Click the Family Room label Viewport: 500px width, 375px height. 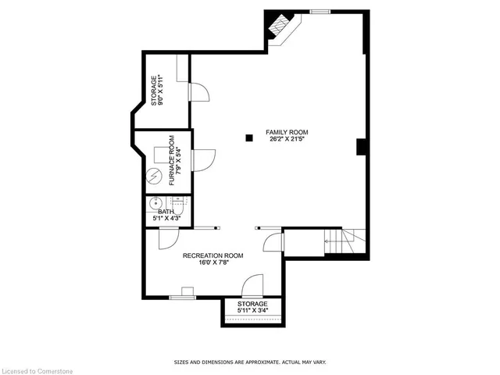tap(286, 132)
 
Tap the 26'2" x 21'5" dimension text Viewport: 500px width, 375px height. tap(286, 140)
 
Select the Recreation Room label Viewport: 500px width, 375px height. tap(212, 255)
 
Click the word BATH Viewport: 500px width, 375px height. tap(166, 211)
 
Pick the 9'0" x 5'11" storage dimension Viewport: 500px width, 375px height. tap(159, 90)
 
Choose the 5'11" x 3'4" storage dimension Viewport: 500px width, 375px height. tap(252, 311)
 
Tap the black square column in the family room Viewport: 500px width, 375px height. tap(249, 138)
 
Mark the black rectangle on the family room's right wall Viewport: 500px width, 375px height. tap(361, 147)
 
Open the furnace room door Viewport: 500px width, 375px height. tap(202, 159)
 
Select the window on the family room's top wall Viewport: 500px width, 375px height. tap(320, 11)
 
